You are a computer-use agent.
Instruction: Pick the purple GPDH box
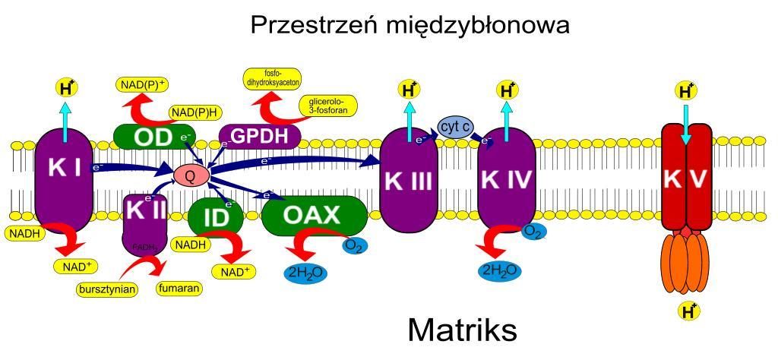pos(259,137)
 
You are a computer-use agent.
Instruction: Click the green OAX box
pos(314,216)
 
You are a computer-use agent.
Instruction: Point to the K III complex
pos(409,181)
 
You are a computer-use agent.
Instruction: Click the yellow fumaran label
pos(178,289)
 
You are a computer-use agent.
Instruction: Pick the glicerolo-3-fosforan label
pos(327,105)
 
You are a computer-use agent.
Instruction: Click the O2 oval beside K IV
pos(533,230)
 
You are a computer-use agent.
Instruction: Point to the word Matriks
pos(462,330)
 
